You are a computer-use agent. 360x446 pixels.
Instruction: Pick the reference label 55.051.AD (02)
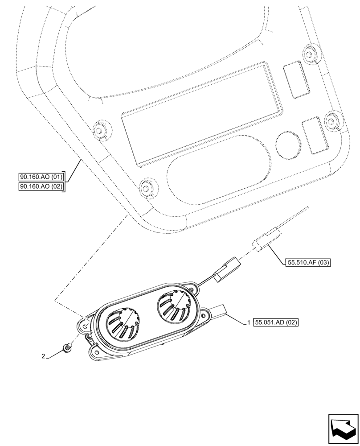[x=274, y=322]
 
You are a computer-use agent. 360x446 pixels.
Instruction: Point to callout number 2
[x=43, y=356]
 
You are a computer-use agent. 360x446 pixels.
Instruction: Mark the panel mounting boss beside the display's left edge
[x=100, y=129]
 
